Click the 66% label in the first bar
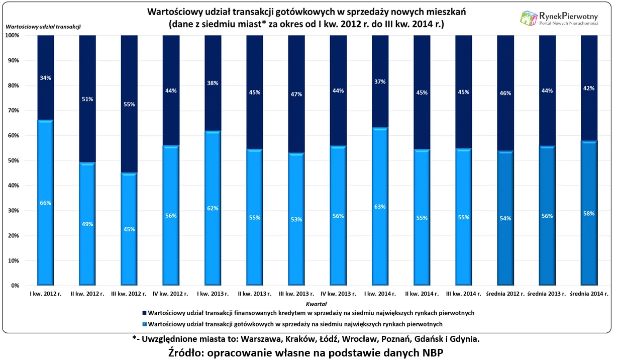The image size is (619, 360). click(x=46, y=203)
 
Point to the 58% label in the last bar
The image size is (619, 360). click(x=589, y=214)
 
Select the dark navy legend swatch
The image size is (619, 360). click(x=145, y=313)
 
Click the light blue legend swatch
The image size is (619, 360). click(x=145, y=324)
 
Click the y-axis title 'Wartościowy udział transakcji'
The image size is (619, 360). click(x=43, y=26)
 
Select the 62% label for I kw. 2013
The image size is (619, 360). click(x=213, y=208)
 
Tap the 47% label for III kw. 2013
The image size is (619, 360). click(x=296, y=94)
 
